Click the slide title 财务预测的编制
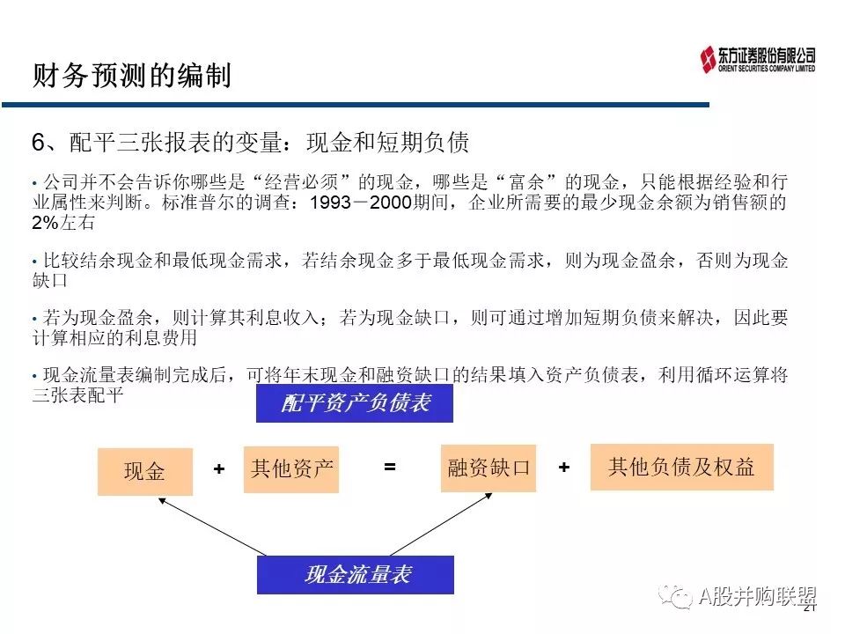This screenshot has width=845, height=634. (x=132, y=75)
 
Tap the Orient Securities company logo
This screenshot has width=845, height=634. (x=757, y=59)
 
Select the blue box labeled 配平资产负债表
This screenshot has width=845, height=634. (x=355, y=402)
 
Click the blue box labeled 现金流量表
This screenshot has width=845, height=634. (x=356, y=575)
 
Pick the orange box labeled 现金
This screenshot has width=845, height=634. (x=145, y=472)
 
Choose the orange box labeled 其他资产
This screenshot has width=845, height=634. (x=291, y=469)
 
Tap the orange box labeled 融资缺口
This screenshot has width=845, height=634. (x=489, y=468)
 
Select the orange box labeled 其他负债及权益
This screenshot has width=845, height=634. (x=681, y=467)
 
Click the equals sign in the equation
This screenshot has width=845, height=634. (x=390, y=467)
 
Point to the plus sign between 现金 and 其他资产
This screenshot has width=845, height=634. (x=219, y=469)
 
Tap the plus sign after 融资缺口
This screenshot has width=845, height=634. (x=564, y=467)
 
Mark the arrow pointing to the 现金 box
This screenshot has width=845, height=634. (x=212, y=527)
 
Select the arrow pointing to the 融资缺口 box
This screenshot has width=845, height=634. (x=441, y=524)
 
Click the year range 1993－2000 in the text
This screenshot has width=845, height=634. (x=361, y=203)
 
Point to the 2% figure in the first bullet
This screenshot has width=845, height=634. (x=45, y=223)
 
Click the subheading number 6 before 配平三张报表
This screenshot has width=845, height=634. (x=38, y=143)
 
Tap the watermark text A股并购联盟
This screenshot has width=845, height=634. (x=757, y=596)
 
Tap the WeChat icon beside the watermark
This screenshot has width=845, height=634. (x=675, y=596)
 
